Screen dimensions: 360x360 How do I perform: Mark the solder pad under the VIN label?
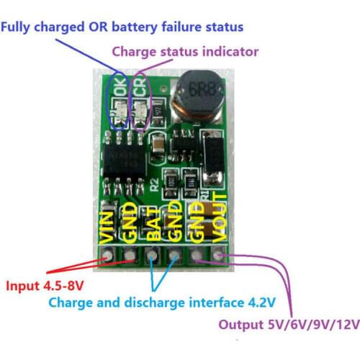coord(107,254)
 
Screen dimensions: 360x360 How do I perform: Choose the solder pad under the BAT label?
coord(153,254)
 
